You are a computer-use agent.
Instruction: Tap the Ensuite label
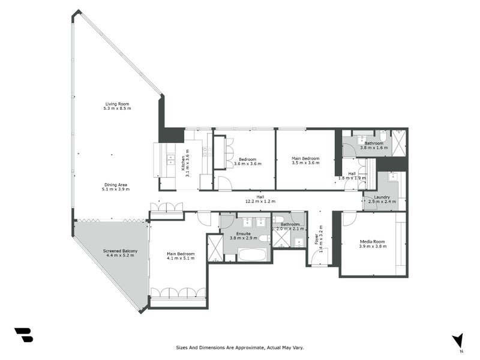pyautogui.click(x=244, y=235)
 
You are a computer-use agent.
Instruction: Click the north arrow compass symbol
pyautogui.click(x=458, y=340)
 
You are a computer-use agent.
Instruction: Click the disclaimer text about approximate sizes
pyautogui.click(x=239, y=347)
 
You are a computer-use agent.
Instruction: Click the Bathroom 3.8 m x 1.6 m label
pyautogui.click(x=374, y=146)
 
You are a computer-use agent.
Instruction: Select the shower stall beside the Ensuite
pyautogui.click(x=214, y=248)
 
